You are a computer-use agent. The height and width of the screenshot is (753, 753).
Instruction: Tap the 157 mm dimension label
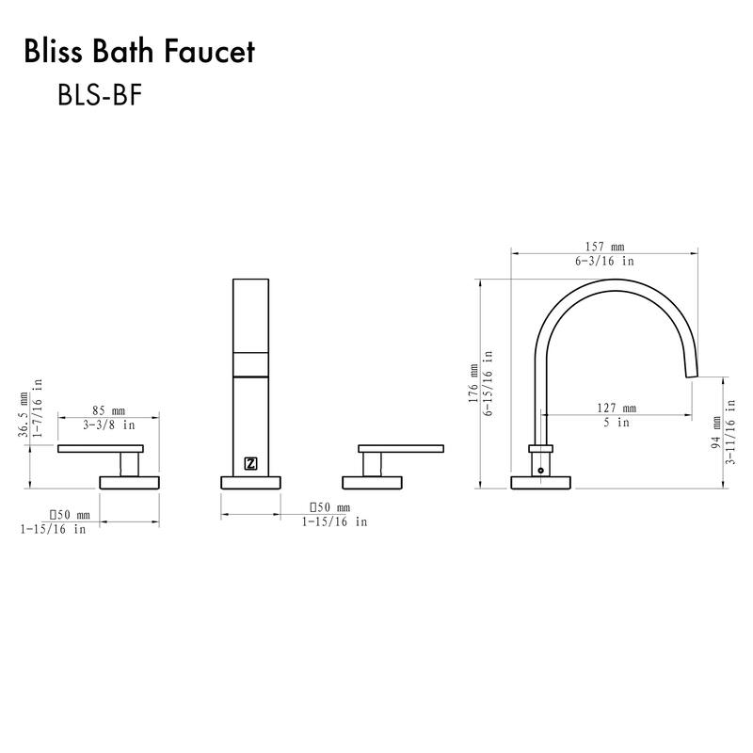604,247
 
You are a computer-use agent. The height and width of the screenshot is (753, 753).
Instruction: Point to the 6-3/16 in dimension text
604,261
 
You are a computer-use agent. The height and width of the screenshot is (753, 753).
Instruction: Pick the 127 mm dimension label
617,409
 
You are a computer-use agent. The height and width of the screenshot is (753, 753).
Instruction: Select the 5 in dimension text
617,423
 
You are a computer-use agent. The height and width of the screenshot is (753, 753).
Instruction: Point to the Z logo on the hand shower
251,462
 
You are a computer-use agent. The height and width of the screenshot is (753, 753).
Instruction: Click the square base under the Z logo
251,483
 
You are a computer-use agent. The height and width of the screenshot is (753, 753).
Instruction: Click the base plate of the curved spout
540,483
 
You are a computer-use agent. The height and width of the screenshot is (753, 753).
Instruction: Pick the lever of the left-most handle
100,448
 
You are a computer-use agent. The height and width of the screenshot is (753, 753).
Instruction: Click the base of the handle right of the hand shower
373,483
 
